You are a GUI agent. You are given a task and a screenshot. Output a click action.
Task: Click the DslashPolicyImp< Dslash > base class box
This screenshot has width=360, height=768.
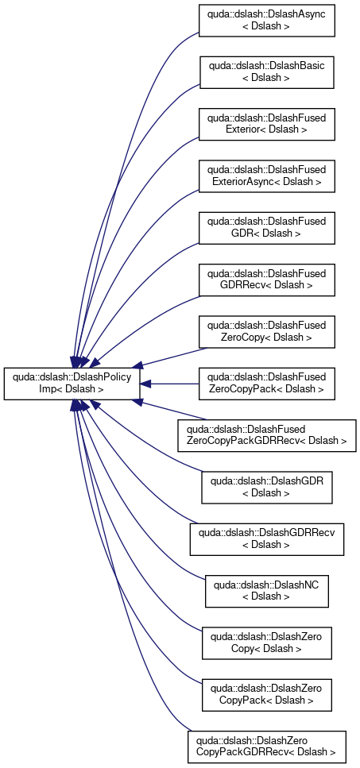[x=72, y=384]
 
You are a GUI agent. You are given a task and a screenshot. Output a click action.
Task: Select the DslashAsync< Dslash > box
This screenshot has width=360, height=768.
[x=266, y=20]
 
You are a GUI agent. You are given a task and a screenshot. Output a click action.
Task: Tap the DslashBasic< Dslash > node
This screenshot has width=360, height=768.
[x=266, y=72]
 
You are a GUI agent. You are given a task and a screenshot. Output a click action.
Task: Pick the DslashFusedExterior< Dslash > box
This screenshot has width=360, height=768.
[x=266, y=124]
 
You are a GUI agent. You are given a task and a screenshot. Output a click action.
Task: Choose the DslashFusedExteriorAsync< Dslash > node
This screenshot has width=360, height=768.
[x=266, y=176]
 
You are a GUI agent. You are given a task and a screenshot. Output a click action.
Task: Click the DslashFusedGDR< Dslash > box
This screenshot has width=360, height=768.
[x=266, y=228]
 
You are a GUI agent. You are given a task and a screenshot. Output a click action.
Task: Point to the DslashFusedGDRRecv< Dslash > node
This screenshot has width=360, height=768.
[x=266, y=280]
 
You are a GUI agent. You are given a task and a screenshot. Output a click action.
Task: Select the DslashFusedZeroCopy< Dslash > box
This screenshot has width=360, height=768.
[x=266, y=332]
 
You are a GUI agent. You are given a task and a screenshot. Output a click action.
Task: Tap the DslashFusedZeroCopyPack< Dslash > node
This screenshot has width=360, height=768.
[x=266, y=384]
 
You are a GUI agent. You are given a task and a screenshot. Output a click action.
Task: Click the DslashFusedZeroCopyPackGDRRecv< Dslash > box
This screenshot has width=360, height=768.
[x=266, y=435]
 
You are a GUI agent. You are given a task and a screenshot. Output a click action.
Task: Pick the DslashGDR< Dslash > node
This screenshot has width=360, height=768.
[x=266, y=488]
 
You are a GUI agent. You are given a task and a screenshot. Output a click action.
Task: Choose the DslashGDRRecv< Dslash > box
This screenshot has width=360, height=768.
[x=266, y=539]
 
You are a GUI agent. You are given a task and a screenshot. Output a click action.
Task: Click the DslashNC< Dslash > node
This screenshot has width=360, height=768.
[x=266, y=591]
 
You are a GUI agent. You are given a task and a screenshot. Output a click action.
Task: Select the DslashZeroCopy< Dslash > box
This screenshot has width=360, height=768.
[x=266, y=643]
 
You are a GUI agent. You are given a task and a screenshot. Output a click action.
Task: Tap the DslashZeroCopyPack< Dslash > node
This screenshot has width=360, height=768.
[x=266, y=695]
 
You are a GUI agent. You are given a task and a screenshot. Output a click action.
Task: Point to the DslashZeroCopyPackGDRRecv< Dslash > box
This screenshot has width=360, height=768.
[x=266, y=747]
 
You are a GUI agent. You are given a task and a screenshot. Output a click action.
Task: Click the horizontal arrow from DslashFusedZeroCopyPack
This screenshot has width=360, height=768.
[x=169, y=384]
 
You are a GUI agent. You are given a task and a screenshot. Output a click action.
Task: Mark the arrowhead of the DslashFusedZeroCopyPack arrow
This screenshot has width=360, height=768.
[x=145, y=384]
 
